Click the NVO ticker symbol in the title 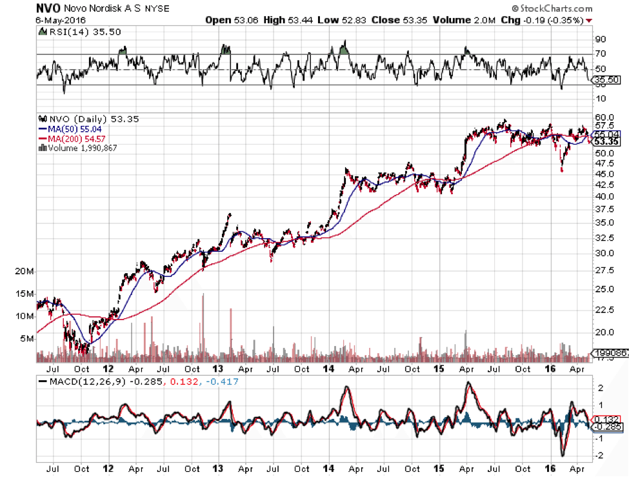pyautogui.click(x=49, y=8)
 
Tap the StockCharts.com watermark pyautogui.click(x=550, y=8)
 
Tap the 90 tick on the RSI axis pyautogui.click(x=601, y=39)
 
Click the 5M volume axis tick pyautogui.click(x=26, y=338)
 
